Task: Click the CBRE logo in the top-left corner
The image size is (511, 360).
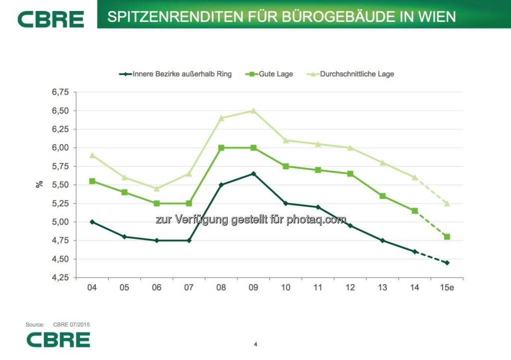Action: pyautogui.click(x=51, y=19)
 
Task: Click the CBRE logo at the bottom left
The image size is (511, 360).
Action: pyautogui.click(x=58, y=340)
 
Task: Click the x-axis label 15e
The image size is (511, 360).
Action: pyautogui.click(x=447, y=288)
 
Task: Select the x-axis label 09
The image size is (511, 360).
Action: pyautogui.click(x=254, y=288)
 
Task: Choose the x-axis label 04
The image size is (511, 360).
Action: pyautogui.click(x=92, y=288)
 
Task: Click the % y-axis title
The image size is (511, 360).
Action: pyautogui.click(x=39, y=184)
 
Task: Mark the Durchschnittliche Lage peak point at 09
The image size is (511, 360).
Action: pyautogui.click(x=254, y=111)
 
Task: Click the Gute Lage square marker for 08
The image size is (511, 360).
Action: pyautogui.click(x=221, y=148)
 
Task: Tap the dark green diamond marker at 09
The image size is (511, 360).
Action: pyautogui.click(x=254, y=174)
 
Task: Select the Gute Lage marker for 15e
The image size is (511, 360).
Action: pyautogui.click(x=447, y=237)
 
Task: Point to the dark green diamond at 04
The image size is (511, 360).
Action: pyautogui.click(x=92, y=222)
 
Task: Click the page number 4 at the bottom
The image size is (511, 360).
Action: pyautogui.click(x=255, y=344)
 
